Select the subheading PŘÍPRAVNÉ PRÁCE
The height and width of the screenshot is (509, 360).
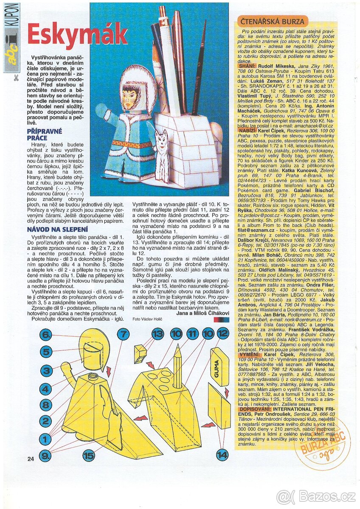45,134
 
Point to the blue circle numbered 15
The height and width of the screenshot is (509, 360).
88,456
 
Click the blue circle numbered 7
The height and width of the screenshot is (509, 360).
122,335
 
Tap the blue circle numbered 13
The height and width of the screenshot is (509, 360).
157,334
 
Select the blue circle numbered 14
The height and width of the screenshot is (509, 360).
221,455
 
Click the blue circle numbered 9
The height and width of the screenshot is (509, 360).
45,456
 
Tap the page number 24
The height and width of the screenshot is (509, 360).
30,459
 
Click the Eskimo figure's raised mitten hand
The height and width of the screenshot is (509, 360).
101,112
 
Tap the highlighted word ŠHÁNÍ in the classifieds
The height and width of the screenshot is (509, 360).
246,66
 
